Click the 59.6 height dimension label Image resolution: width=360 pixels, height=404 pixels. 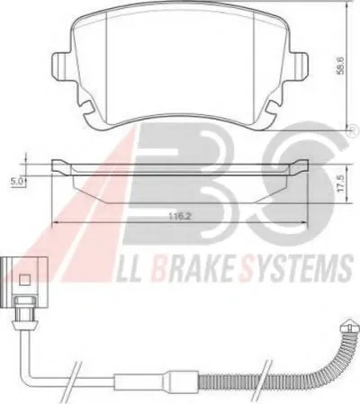(x=339, y=66)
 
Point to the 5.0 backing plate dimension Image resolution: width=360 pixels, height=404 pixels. (x=18, y=181)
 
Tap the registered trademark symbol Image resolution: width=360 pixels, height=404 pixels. (x=355, y=130)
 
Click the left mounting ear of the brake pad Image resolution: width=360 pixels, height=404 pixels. (x=60, y=66)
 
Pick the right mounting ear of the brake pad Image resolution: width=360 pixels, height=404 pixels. (x=300, y=66)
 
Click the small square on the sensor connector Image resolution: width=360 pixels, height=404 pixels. (x=24, y=281)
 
